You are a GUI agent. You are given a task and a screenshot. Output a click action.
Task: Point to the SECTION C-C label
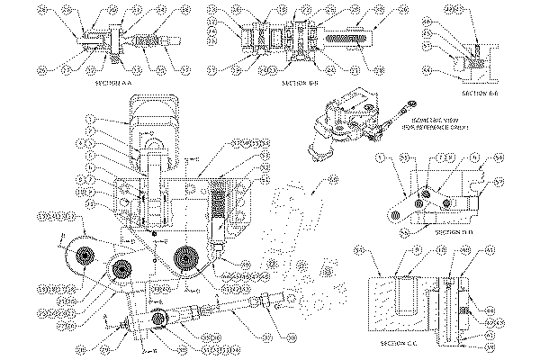tap(397, 345)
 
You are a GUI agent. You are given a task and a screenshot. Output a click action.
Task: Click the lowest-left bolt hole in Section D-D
tap(393, 216)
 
